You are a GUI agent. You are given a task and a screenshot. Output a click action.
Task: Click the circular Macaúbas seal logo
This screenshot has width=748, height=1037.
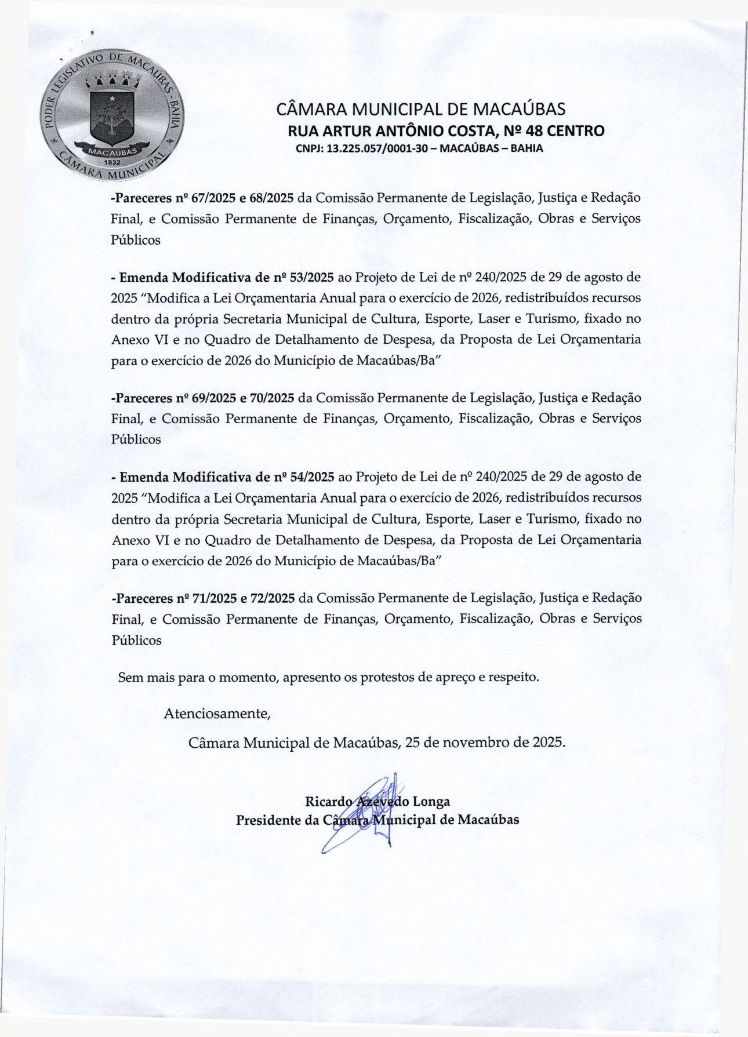pyautogui.click(x=112, y=114)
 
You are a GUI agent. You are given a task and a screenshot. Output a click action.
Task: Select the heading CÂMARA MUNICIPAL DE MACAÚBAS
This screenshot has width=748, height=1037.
pyautogui.click(x=420, y=109)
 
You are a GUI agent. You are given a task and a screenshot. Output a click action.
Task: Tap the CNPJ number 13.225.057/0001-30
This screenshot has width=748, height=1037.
pyautogui.click(x=377, y=148)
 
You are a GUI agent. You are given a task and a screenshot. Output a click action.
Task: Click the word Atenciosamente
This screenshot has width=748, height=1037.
pyautogui.click(x=217, y=714)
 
